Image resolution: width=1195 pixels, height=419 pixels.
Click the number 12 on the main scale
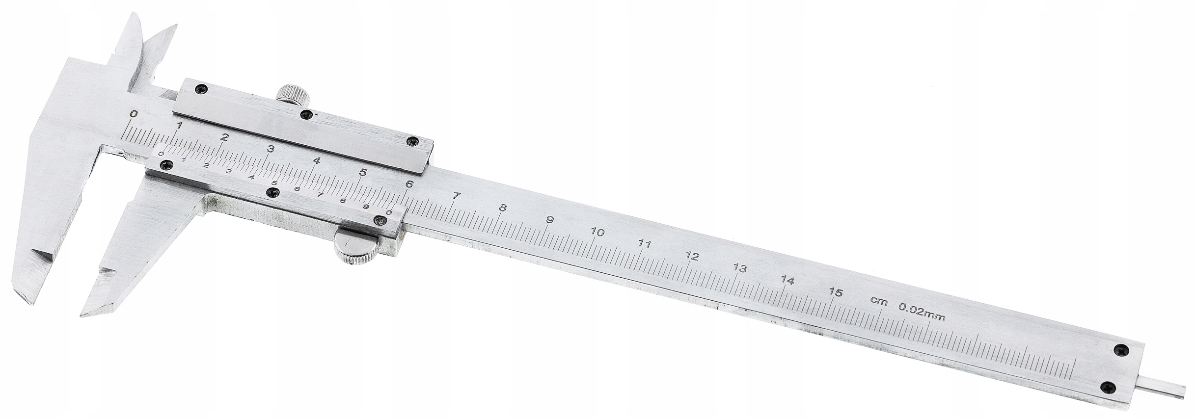(692, 256)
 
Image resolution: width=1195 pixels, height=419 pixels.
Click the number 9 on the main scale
(550, 220)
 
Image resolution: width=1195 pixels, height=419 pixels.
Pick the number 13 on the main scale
(739, 268)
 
